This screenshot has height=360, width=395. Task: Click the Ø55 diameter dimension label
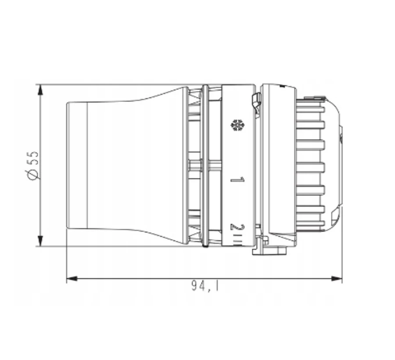tap(33, 166)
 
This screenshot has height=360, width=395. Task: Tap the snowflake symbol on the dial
tap(237, 125)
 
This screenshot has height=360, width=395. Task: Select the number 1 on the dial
tap(237, 180)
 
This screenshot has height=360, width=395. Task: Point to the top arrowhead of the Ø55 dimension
tap(40, 90)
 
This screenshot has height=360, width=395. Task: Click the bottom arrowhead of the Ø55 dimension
tap(40, 241)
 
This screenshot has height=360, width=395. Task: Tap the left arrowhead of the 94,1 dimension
tap(72, 278)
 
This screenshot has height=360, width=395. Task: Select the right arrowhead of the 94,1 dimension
tap(337, 278)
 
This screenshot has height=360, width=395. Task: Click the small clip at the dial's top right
tap(256, 103)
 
